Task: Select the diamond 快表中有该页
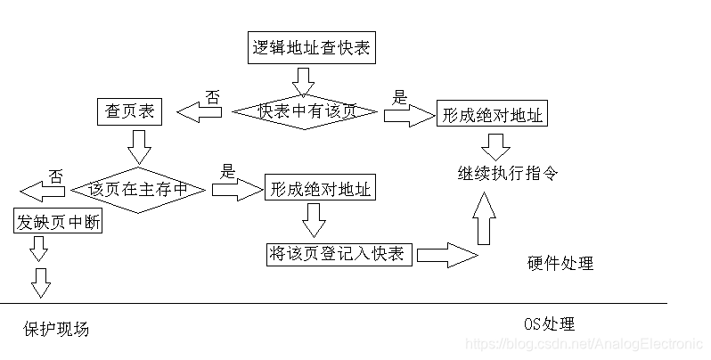click(x=306, y=111)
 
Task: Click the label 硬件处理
click(x=560, y=264)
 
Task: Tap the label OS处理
click(x=550, y=323)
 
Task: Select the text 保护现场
click(x=56, y=330)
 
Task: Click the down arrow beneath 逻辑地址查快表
click(x=304, y=82)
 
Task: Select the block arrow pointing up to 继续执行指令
click(x=484, y=218)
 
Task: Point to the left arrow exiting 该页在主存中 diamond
click(x=41, y=191)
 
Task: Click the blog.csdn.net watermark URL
click(x=584, y=344)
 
